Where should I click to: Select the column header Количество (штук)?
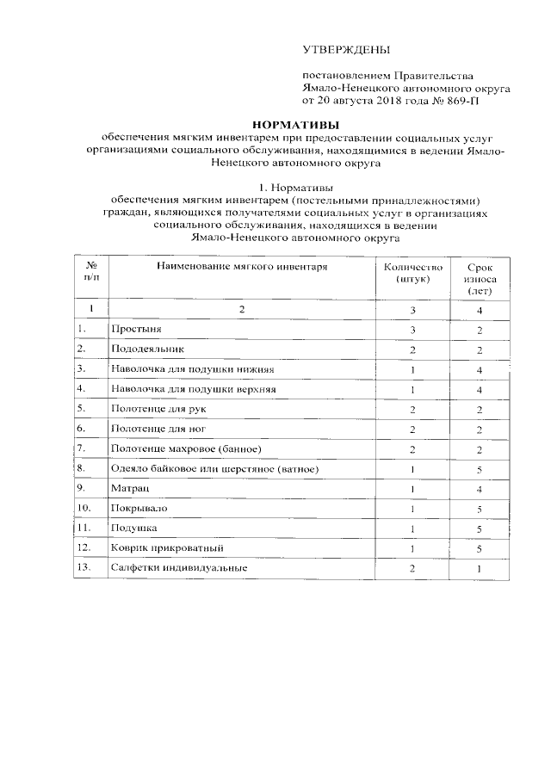(412, 274)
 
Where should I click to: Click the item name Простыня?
(135, 330)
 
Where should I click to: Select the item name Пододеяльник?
(147, 349)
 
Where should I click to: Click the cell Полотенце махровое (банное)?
(185, 448)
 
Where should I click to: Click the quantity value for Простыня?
(412, 330)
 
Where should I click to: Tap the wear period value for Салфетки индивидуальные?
(479, 568)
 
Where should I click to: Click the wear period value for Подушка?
(479, 528)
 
